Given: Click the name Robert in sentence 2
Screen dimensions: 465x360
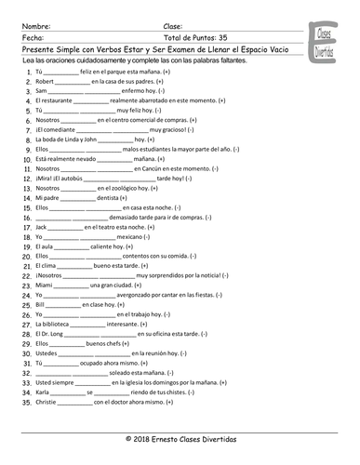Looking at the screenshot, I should (47, 81).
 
